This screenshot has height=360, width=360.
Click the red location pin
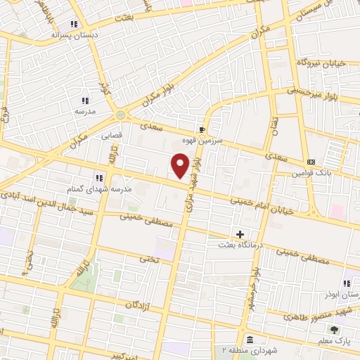tap(181, 166)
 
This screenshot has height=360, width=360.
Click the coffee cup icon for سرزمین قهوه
tap(202, 130)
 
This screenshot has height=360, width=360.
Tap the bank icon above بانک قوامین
tap(311, 162)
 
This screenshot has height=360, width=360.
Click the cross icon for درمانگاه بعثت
tap(240, 234)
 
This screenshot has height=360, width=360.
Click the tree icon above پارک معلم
tap(334, 330)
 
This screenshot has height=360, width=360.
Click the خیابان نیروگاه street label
tap(322, 63)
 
